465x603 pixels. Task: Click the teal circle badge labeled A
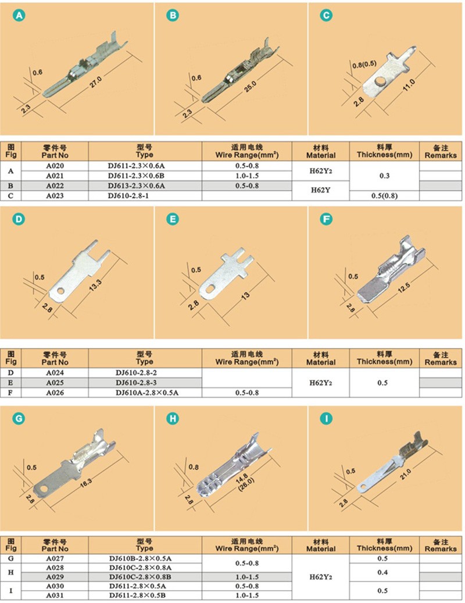coord(19,15)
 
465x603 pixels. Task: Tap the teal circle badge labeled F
coord(326,219)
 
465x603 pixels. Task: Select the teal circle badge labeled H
coord(173,419)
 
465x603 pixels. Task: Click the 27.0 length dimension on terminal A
coord(96,81)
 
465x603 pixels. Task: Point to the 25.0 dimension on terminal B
coord(250,87)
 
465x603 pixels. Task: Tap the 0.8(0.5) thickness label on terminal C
coord(364,64)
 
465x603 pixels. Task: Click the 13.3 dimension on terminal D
coord(95,284)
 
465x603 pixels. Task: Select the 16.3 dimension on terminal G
coord(86,483)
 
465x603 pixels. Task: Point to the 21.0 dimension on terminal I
coord(406,474)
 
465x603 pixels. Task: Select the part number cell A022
coord(55,185)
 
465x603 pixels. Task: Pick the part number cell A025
coord(55,383)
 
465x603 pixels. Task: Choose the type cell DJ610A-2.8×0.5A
coord(147,393)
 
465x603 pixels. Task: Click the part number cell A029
coord(55,577)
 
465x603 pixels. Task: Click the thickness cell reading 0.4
coord(382,572)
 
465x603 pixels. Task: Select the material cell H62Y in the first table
coord(320,190)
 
